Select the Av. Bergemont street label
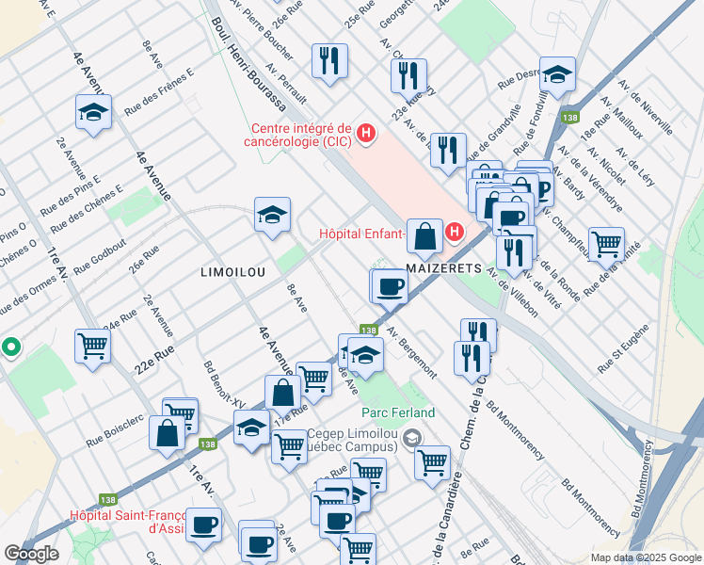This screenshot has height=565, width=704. (x=412, y=352)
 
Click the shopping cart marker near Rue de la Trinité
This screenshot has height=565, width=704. (x=606, y=243)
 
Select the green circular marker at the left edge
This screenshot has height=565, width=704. (x=10, y=347)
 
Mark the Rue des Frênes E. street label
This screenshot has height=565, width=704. (x=165, y=88)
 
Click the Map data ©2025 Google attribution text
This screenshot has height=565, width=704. (x=645, y=557)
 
